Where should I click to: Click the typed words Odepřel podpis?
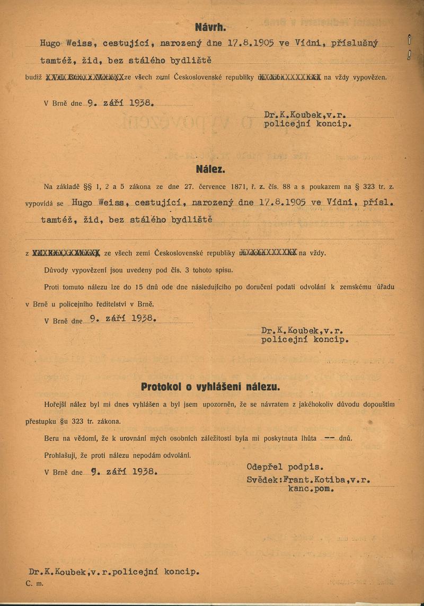[285, 467]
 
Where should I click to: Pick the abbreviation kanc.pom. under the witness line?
[311, 489]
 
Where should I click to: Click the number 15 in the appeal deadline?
[139, 287]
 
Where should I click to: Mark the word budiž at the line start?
[33, 77]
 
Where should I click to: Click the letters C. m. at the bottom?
[36, 582]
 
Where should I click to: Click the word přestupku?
[43, 422]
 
